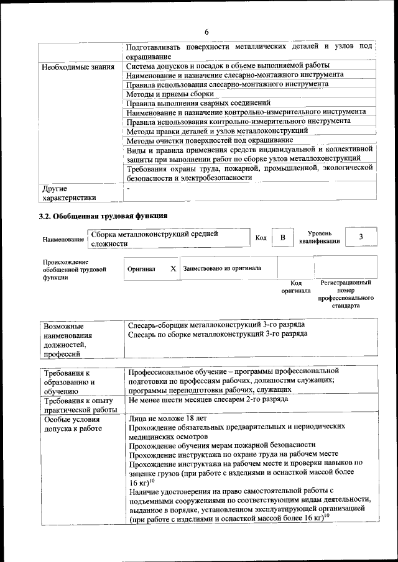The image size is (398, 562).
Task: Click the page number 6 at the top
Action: point(206,32)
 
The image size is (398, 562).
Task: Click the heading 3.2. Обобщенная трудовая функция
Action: point(103,216)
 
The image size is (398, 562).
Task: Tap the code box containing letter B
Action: point(282,238)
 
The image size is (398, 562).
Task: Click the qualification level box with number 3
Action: point(361,237)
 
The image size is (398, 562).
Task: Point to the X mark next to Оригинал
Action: point(173,269)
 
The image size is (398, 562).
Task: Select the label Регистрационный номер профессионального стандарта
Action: point(345,294)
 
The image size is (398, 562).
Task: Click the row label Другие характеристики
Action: point(69,193)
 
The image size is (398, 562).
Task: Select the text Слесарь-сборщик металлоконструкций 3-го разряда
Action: point(216,325)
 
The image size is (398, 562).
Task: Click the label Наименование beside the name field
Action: point(63,240)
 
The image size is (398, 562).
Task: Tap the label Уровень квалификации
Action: point(319,237)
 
